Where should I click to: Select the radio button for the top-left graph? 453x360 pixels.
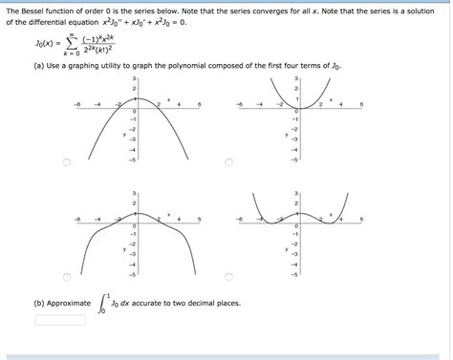coord(66,163)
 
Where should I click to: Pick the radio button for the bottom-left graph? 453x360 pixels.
coord(66,278)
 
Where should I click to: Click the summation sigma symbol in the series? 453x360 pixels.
coord(69,42)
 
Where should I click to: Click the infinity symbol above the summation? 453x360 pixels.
coord(69,31)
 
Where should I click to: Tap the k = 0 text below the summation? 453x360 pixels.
coord(69,55)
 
